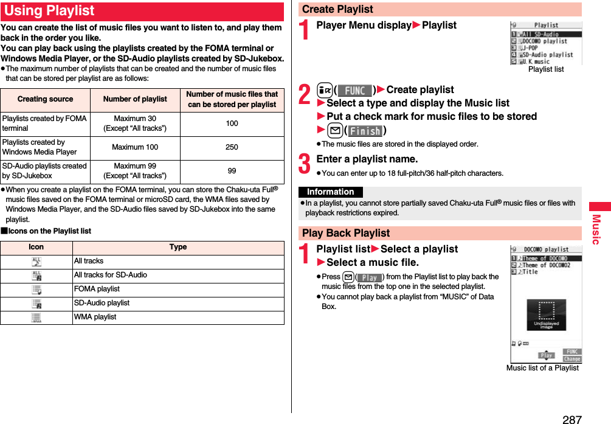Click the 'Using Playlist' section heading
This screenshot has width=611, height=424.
(x=50, y=11)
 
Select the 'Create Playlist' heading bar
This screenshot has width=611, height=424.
(x=337, y=9)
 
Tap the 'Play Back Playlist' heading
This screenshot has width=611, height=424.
(x=346, y=233)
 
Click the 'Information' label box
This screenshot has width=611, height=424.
(x=330, y=192)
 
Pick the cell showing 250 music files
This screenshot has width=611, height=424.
(x=232, y=147)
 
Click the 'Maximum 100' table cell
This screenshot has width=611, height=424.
(x=135, y=147)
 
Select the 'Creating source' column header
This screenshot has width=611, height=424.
(x=45, y=99)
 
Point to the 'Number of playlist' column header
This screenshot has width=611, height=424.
(x=135, y=99)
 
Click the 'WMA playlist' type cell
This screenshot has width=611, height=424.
(x=95, y=317)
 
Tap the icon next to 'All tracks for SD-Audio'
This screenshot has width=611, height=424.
(x=36, y=276)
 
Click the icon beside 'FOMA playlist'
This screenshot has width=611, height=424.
(x=36, y=290)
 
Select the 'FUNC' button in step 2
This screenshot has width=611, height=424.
(x=354, y=91)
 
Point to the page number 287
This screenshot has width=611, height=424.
(x=572, y=419)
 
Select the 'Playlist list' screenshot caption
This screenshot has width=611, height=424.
(x=545, y=69)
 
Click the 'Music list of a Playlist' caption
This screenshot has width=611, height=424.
(x=542, y=367)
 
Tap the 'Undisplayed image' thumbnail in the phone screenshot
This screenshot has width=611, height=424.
(x=546, y=315)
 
